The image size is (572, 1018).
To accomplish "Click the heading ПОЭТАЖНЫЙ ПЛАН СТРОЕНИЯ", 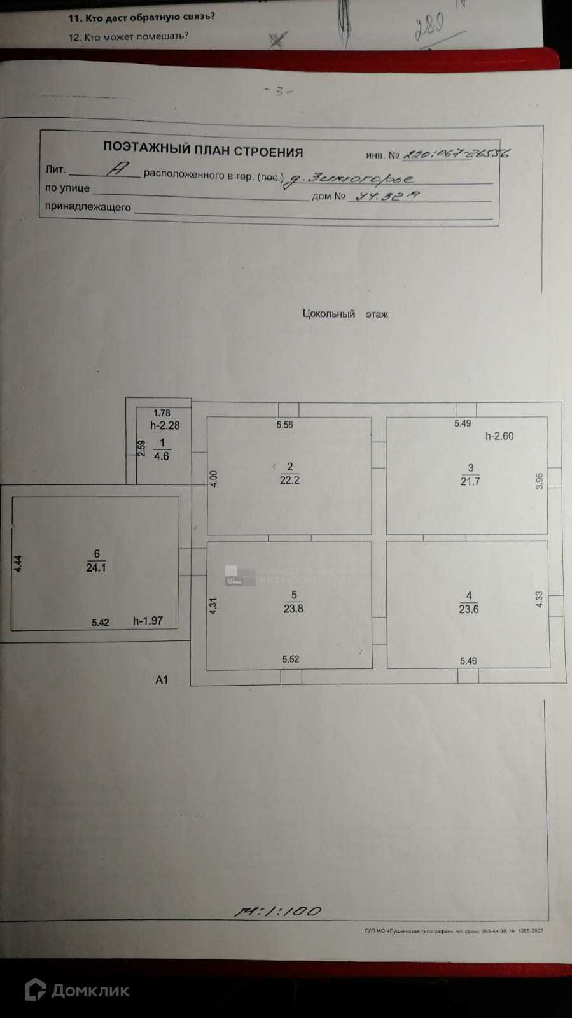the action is (203, 150).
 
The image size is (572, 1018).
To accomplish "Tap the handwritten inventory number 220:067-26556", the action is (456, 153).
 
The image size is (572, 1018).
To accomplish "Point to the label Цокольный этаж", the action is (345, 314).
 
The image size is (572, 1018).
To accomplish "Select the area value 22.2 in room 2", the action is (289, 481).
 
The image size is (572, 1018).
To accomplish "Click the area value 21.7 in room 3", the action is (470, 482).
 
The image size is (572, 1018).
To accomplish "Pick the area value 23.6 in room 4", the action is (469, 609).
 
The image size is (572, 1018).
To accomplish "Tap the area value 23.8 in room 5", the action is (293, 609).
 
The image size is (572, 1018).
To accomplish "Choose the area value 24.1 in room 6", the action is (96, 568).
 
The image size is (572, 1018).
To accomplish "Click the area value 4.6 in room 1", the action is (162, 456).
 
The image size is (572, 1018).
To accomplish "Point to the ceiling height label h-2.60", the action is (499, 436).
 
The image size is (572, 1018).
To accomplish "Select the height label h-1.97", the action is (148, 621).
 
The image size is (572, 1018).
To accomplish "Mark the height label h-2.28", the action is (165, 425).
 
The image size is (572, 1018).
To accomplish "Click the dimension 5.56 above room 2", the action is (284, 425).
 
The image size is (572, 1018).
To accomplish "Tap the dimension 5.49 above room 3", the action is (463, 423).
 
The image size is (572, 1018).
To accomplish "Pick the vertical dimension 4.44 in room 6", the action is (18, 564).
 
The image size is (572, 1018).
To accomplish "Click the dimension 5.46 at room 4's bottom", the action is (468, 661).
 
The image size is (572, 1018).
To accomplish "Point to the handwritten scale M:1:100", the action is (278, 912).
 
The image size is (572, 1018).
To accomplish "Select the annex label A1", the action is (162, 680).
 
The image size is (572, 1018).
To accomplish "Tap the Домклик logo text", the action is (90, 991).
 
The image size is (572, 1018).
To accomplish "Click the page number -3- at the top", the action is (278, 91).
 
